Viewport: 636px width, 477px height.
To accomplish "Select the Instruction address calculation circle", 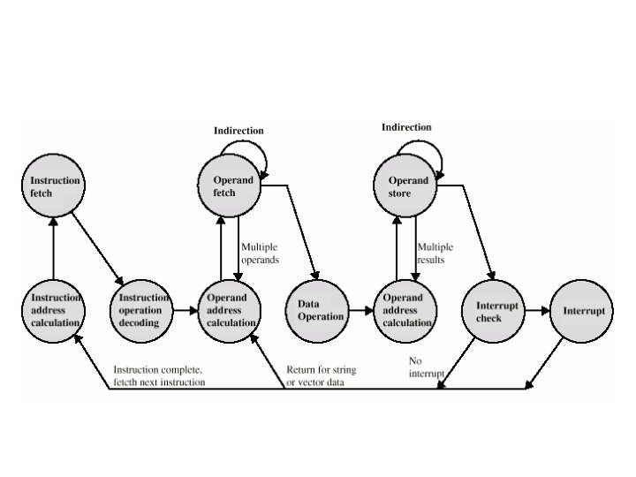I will coord(54,310).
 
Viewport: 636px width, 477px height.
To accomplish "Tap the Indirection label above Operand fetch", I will coord(238,131).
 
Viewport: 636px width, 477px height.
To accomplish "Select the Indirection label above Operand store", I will coord(406,127).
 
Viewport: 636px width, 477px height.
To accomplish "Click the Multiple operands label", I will coord(260,254).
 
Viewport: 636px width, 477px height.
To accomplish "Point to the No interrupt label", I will coord(425,367).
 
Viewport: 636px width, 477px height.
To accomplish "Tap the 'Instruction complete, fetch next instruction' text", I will coord(159,375).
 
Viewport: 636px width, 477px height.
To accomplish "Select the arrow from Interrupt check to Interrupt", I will coord(537,311).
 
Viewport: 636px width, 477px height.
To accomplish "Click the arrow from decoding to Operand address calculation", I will coord(186,311).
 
